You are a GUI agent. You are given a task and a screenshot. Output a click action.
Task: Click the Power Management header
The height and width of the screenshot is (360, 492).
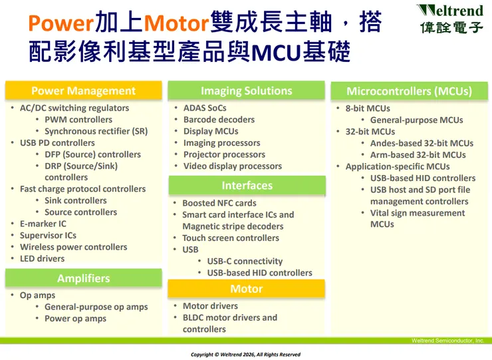tap(83, 91)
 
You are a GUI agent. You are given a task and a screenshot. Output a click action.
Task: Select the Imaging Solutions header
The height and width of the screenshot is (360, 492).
tap(246, 91)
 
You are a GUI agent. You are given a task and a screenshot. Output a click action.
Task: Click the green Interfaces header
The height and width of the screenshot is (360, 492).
tap(247, 186)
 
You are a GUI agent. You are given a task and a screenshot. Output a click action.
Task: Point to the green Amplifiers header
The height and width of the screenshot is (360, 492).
tap(83, 278)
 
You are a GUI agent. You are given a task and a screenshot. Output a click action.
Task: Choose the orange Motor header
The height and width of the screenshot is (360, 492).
tap(246, 289)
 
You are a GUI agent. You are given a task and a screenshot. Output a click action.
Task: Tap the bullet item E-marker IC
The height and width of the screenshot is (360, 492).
tap(43, 224)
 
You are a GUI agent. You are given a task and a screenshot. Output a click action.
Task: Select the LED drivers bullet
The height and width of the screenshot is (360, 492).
tap(42, 258)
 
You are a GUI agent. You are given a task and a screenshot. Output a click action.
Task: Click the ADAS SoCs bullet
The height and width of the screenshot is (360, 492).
tap(205, 108)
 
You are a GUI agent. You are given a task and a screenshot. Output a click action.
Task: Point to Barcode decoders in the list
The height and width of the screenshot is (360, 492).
tap(219, 120)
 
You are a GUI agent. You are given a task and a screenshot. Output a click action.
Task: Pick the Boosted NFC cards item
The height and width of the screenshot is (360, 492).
tap(219, 203)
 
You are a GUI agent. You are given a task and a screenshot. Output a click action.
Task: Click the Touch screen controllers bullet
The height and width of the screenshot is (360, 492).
tap(230, 238)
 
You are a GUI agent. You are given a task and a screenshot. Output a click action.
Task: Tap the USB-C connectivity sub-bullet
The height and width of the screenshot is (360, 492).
tap(245, 262)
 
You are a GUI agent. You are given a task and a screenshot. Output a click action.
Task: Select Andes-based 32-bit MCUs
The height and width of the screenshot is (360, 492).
tap(422, 143)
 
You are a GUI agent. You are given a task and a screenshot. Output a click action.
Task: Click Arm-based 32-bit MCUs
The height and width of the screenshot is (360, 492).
tap(418, 155)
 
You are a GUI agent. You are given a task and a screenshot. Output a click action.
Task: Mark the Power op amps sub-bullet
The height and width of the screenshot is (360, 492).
tap(75, 319)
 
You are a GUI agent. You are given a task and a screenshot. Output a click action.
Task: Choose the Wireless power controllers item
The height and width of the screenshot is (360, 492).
tap(73, 247)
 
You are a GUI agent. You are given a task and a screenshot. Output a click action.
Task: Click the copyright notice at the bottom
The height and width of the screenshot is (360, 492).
tap(245, 355)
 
